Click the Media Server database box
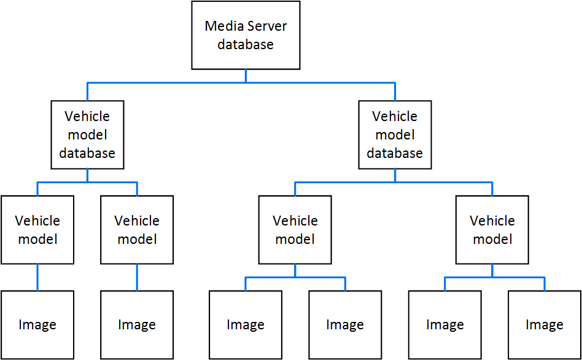246,35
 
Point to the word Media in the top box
223,26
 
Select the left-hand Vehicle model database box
87,135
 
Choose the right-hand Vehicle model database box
395,135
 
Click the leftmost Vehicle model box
37,230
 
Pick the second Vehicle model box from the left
137,230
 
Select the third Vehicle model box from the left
295,230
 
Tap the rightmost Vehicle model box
492,230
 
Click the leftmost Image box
37,325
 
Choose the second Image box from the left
137,325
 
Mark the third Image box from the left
246,325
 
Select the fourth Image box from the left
345,325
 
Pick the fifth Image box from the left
445,325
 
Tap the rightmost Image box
545,325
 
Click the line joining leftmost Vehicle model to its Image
37,277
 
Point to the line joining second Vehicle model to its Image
137,277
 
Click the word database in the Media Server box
246,45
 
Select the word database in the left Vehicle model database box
87,153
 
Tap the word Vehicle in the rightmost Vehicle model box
492,221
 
